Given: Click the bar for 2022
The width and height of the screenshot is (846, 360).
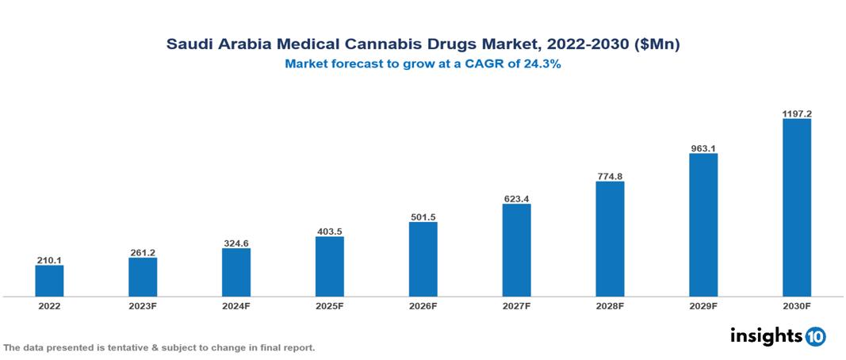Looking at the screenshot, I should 49,281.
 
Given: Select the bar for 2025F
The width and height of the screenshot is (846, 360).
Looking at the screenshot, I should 329,266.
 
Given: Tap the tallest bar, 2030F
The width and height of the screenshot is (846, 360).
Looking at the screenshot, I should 796,208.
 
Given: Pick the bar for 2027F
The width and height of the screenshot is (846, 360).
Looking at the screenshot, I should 516,250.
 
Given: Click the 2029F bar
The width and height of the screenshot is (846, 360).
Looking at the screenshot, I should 703,225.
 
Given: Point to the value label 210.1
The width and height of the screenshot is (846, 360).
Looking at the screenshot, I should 49,259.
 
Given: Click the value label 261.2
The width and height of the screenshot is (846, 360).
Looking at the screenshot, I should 143,252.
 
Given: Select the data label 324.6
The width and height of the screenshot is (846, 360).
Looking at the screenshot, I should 236,243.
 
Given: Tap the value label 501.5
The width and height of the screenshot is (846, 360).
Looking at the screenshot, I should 423,216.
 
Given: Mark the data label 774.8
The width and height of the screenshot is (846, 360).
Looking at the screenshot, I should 610,176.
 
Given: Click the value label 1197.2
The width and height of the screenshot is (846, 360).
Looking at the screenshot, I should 796,113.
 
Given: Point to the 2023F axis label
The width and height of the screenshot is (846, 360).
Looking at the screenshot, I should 143,305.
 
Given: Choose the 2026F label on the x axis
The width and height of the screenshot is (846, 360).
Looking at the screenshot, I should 423,305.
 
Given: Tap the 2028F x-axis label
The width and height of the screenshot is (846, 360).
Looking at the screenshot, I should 610,305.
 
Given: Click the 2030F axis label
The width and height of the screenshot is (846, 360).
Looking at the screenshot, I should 796,305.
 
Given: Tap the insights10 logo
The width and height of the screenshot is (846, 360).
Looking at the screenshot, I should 778,336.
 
